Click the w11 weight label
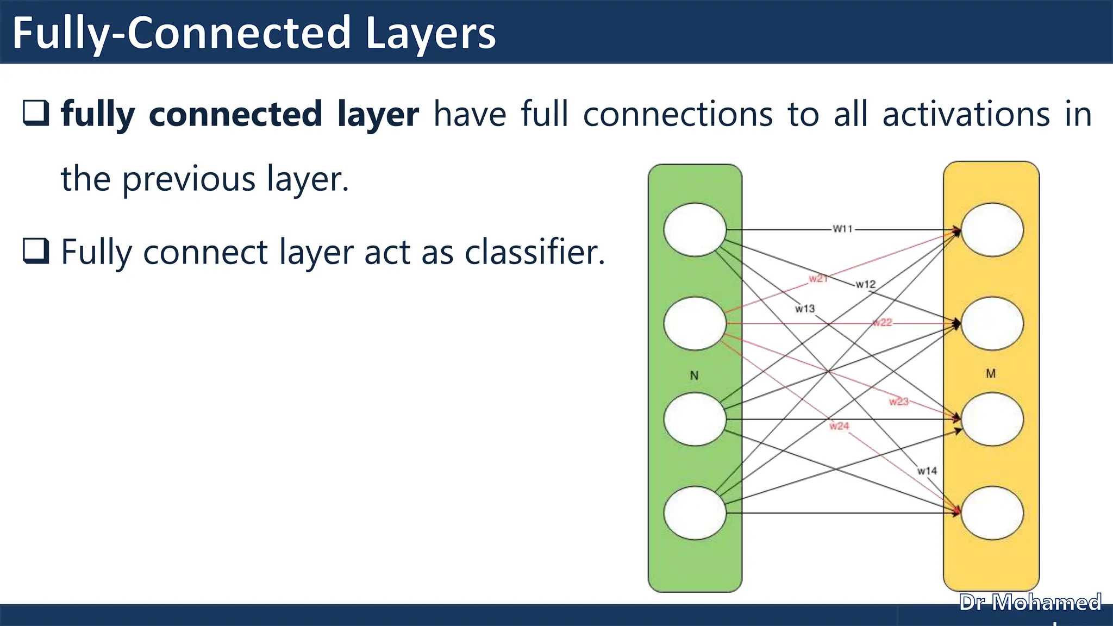(x=843, y=229)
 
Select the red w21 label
(x=817, y=279)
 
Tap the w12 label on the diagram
(x=865, y=284)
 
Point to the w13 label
(x=805, y=309)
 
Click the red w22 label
(x=883, y=323)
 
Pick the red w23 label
(x=898, y=402)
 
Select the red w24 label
(x=839, y=426)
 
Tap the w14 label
(x=927, y=471)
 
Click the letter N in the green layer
(x=694, y=375)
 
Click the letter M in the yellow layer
(x=991, y=374)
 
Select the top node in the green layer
(x=695, y=230)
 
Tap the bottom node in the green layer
(x=695, y=513)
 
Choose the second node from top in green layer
(x=695, y=323)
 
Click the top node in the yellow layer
(x=992, y=230)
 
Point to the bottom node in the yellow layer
(x=992, y=513)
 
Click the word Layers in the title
(x=430, y=34)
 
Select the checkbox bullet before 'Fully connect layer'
(x=36, y=251)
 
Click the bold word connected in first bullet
(x=235, y=115)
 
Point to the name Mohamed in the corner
(x=1046, y=603)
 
